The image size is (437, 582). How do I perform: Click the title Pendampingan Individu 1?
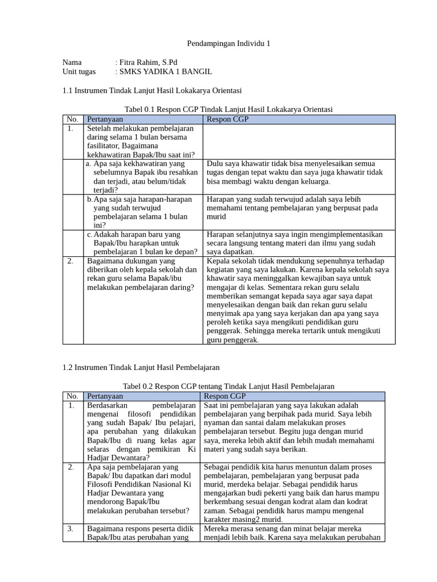224,44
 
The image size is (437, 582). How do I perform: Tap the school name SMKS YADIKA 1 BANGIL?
164,72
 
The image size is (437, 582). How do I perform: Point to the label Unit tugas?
79,72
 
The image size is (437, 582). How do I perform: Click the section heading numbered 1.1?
152,90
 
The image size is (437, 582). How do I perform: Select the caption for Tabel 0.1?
228,109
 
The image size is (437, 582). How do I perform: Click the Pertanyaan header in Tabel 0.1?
105,119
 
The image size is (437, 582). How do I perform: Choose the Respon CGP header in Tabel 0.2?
226,396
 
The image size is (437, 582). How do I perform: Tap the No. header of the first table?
72,119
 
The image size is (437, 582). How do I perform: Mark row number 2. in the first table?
70,261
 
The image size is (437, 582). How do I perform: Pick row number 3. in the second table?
71,529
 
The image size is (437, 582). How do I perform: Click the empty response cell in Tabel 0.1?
299,142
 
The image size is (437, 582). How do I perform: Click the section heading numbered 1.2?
141,368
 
